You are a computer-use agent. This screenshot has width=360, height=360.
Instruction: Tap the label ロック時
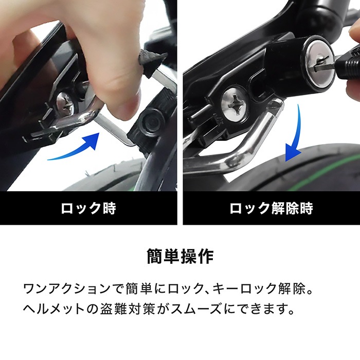click(x=88, y=208)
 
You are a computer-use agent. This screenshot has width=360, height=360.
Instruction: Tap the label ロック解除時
click(x=271, y=208)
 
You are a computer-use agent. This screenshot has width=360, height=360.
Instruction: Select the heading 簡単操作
click(x=180, y=256)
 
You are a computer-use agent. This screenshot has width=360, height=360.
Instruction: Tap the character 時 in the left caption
click(x=109, y=208)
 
